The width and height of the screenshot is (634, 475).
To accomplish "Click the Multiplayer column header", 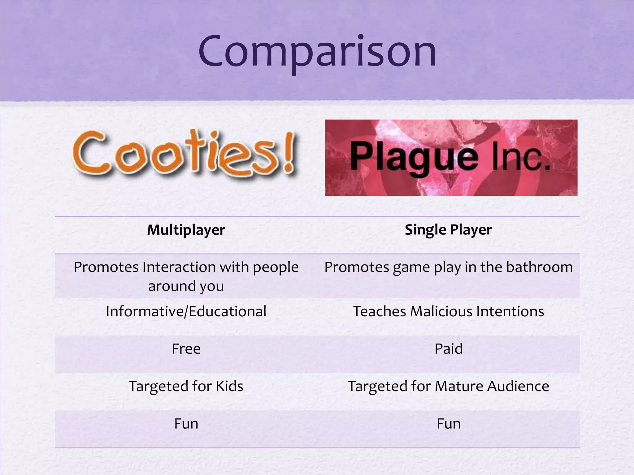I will (x=186, y=230).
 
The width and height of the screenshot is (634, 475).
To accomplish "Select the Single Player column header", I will (x=448, y=230).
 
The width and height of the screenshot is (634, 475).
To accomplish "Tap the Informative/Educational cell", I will (x=186, y=311).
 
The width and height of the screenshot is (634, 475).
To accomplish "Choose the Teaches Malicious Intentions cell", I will (x=448, y=311).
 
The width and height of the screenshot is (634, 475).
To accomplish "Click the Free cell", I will (x=186, y=349).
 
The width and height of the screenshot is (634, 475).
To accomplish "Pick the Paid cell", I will (x=448, y=349).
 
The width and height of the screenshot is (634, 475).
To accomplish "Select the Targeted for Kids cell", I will (x=186, y=386).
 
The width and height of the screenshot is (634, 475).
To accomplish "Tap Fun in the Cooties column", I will (x=186, y=424).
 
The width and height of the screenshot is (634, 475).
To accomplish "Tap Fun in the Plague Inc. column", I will (x=448, y=424).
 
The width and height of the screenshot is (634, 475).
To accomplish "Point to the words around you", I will (x=186, y=286).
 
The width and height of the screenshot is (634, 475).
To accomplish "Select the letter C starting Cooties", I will (x=90, y=152).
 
